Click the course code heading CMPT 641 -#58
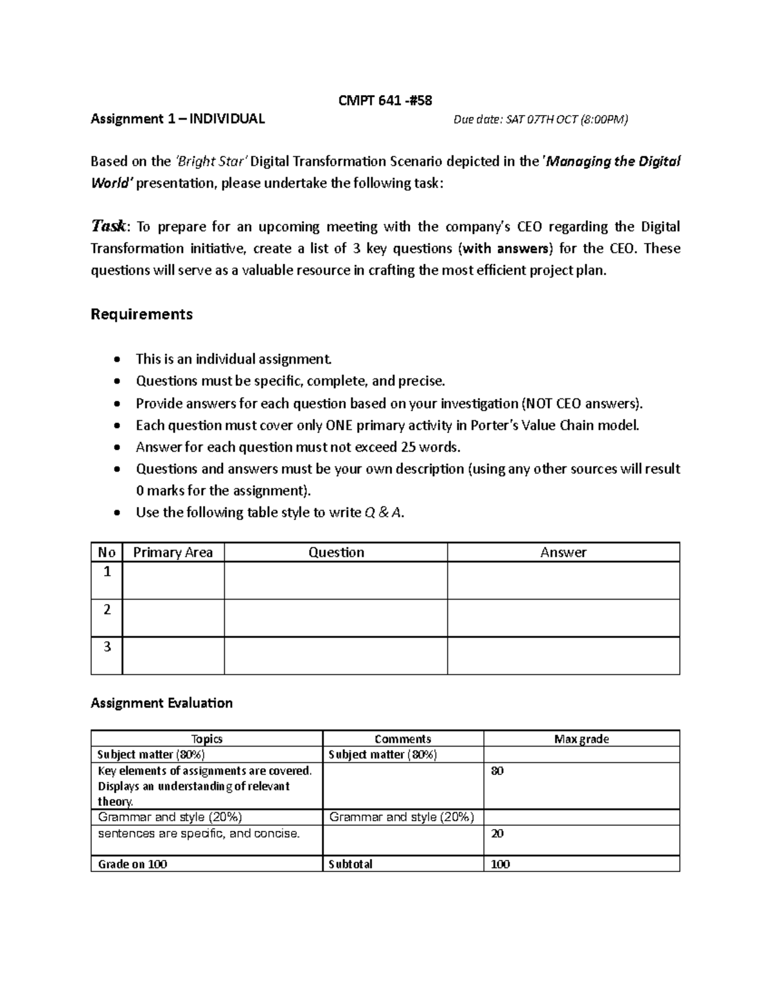[x=385, y=100]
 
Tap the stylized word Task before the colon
[x=110, y=226]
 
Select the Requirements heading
[x=141, y=314]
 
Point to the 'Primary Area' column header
[x=172, y=553]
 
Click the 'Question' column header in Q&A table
[x=336, y=553]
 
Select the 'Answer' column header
[x=563, y=553]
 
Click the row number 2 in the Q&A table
[x=107, y=609]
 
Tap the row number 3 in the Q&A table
[x=107, y=647]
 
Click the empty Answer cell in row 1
[x=563, y=580]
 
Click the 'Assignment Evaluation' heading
[x=161, y=703]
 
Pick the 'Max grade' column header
[x=581, y=739]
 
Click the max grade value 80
[x=497, y=771]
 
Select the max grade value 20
[x=497, y=833]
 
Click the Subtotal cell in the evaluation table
[x=350, y=864]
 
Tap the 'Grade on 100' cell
[x=132, y=864]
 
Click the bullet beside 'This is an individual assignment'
[x=116, y=359]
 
